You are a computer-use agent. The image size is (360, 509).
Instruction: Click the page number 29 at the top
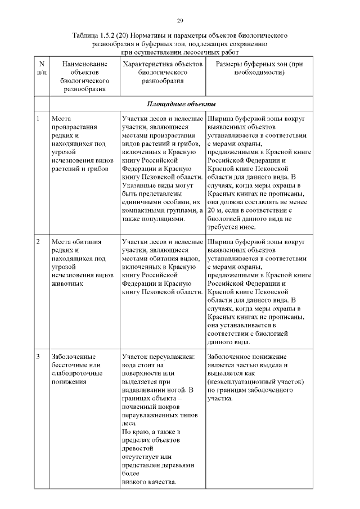coord(180,21)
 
